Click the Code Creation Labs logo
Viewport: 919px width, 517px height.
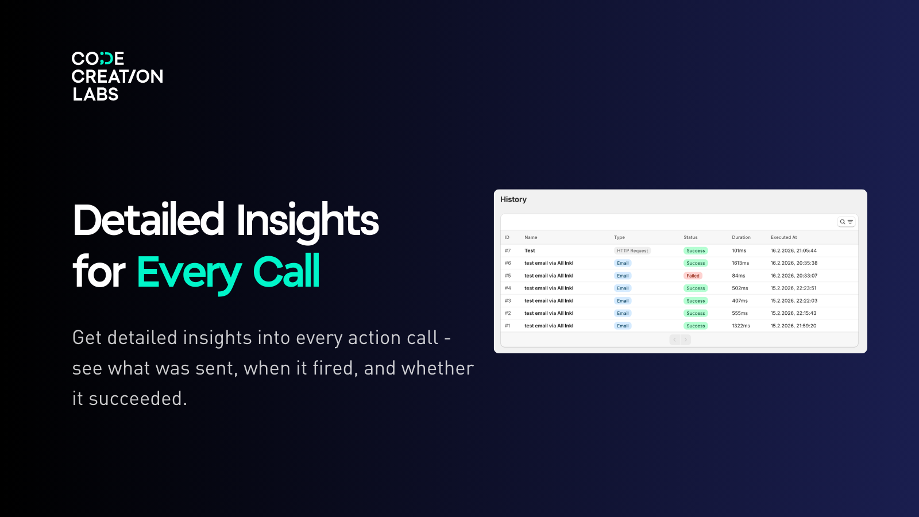pyautogui.click(x=117, y=76)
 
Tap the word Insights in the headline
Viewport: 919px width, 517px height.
pyautogui.click(x=307, y=221)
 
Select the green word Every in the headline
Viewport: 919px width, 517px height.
pyautogui.click(x=189, y=272)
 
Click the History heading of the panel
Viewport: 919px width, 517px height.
pyautogui.click(x=513, y=199)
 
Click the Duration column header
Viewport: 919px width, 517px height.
pyautogui.click(x=741, y=237)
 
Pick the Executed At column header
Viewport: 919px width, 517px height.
pyautogui.click(x=783, y=237)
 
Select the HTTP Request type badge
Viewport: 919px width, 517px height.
pyautogui.click(x=632, y=251)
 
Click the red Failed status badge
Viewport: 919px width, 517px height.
pyautogui.click(x=693, y=276)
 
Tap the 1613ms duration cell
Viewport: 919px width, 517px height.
pyautogui.click(x=740, y=263)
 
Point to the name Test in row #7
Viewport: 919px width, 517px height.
pyautogui.click(x=530, y=251)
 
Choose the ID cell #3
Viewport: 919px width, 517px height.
pyautogui.click(x=508, y=301)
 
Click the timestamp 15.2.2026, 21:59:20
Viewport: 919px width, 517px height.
pyautogui.click(x=793, y=326)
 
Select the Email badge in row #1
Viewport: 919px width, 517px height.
pyautogui.click(x=623, y=326)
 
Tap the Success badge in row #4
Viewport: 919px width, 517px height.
pyautogui.click(x=696, y=288)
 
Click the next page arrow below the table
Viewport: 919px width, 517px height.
pyautogui.click(x=685, y=340)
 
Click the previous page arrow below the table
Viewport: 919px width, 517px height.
pyautogui.click(x=675, y=340)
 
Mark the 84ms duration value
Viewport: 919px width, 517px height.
pyautogui.click(x=738, y=276)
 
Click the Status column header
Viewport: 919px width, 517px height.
pyautogui.click(x=690, y=237)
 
